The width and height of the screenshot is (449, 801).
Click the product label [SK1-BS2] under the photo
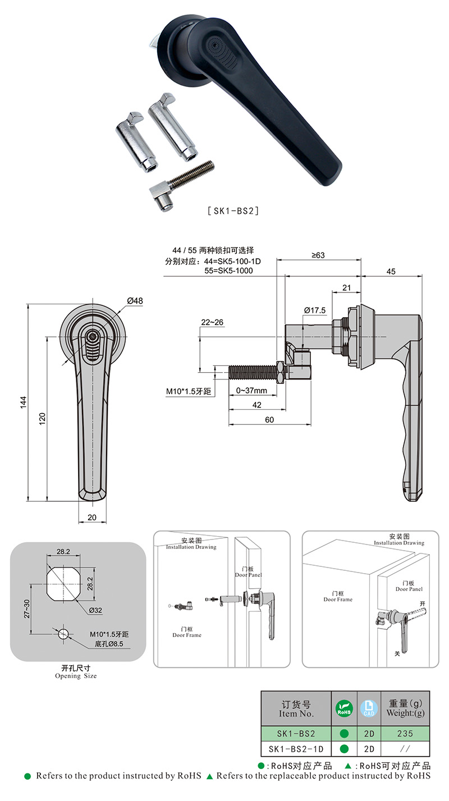232,212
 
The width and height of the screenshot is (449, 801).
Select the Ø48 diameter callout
135,301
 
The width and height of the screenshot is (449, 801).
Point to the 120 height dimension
43,418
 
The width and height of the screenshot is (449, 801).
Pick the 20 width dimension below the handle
92,517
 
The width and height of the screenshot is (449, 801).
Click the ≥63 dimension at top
318,255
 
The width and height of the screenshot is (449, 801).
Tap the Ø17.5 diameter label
314,310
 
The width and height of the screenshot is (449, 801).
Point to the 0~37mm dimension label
251,390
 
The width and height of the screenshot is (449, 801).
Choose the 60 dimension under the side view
269,419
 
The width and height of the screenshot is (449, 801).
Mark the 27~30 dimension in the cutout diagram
26,608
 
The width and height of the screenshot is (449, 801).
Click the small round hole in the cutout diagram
63,634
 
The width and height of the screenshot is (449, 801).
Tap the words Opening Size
76,676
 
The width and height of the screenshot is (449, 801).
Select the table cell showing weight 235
405,733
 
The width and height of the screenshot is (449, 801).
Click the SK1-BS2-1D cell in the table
296,749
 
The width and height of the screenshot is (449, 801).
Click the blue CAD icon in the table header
368,708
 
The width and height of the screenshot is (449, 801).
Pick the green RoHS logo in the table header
344,708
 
